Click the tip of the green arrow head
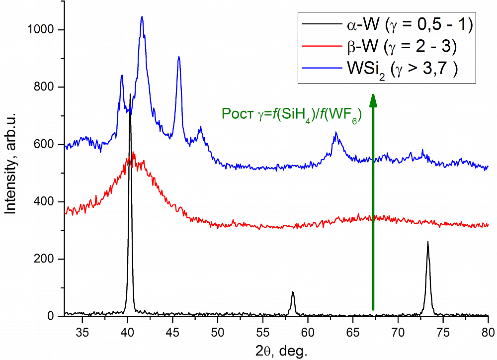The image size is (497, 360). click(373, 93)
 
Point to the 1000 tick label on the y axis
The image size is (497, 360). click(43, 30)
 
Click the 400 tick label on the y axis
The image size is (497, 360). click(47, 202)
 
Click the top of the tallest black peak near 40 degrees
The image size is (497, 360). click(130, 94)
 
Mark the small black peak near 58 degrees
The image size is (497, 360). click(293, 292)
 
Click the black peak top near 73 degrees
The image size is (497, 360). click(428, 242)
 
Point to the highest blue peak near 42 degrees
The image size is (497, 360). click(142, 17)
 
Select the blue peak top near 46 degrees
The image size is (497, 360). click(179, 57)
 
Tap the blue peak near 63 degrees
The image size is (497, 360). click(336, 132)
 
